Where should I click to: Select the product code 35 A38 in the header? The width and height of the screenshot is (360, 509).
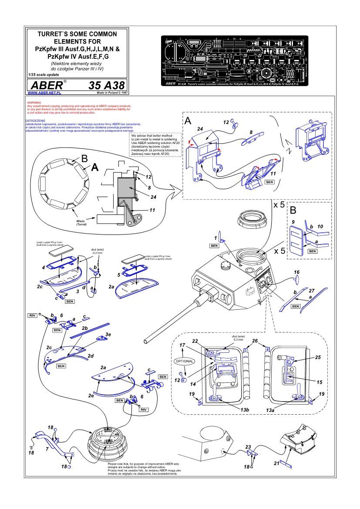pyautogui.click(x=106, y=84)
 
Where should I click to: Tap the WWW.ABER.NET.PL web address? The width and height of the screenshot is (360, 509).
pyautogui.click(x=44, y=93)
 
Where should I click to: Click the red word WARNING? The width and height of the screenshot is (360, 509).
pyautogui.click(x=34, y=103)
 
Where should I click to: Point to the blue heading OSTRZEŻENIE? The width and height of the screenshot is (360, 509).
pyautogui.click(x=35, y=119)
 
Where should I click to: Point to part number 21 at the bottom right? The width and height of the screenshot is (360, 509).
pyautogui.click(x=276, y=463)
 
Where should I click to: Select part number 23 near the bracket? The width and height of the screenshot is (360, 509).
pyautogui.click(x=248, y=447)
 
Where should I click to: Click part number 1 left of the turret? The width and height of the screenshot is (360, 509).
pyautogui.click(x=215, y=238)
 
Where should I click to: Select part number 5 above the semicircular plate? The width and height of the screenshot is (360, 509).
pyautogui.click(x=119, y=275)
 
